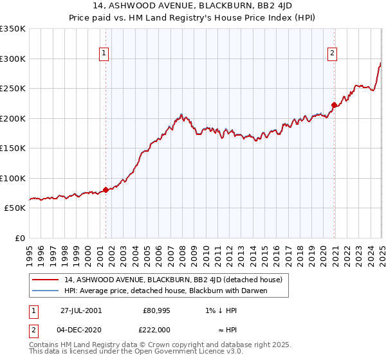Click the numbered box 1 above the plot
pos(104,54)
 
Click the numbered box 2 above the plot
pos(333,54)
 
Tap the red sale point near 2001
pos(106,189)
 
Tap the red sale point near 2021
pos(334,105)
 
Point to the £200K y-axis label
pos(13,118)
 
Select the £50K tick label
pos(15,208)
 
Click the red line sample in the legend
pos(46,280)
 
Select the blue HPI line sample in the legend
pos(46,291)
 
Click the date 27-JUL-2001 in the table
pos(81,310)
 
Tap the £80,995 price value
pos(155,310)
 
